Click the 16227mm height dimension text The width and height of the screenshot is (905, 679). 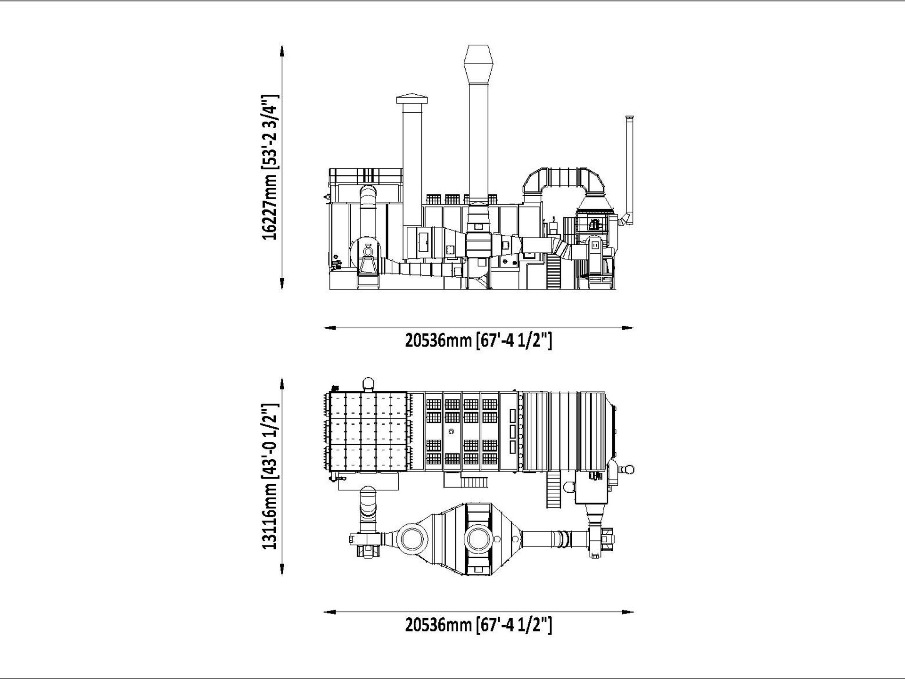tap(271, 167)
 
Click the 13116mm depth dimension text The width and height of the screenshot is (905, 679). tap(271, 476)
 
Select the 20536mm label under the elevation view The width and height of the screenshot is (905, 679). tap(478, 340)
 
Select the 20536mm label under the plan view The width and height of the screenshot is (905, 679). tap(478, 625)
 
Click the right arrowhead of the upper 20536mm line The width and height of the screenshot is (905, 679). tap(628, 328)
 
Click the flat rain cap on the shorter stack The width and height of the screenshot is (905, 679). tap(412, 99)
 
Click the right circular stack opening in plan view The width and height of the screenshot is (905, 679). tap(479, 538)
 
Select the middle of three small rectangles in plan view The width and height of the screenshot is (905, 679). tap(512, 431)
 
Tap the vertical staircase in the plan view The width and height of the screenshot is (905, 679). tap(553, 490)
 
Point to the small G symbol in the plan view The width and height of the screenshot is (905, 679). tap(452, 431)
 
